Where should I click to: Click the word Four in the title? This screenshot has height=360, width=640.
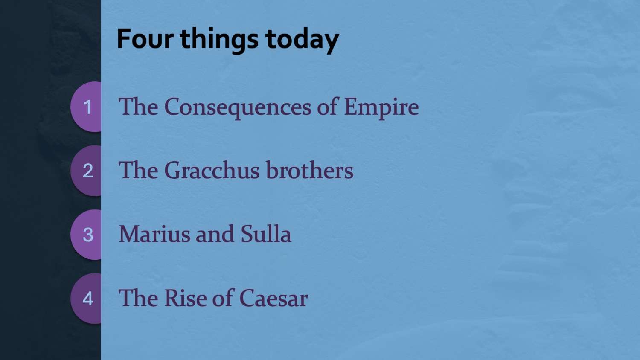[x=145, y=38]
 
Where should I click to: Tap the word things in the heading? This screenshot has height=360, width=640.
[x=219, y=40]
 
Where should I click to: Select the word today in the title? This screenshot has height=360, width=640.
[x=302, y=40]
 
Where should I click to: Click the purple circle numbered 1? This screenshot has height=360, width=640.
[x=86, y=107]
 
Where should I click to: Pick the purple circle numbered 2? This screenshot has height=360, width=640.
[x=86, y=171]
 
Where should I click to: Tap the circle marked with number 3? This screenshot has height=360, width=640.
[x=86, y=235]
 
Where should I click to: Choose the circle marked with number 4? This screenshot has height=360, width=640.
[x=86, y=299]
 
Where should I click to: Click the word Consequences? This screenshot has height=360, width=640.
[x=238, y=108]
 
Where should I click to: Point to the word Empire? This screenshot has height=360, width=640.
[x=381, y=108]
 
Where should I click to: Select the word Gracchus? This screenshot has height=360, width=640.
[x=212, y=170]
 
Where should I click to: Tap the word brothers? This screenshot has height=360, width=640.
[x=310, y=170]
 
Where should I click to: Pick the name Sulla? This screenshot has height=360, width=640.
[x=266, y=233]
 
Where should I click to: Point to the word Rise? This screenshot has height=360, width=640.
[x=185, y=298]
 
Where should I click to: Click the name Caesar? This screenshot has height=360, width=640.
[x=273, y=298]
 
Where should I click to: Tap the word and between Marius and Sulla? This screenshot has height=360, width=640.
[x=215, y=233]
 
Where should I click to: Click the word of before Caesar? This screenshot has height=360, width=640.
[x=222, y=298]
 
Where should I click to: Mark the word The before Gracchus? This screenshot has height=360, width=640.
[x=139, y=170]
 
